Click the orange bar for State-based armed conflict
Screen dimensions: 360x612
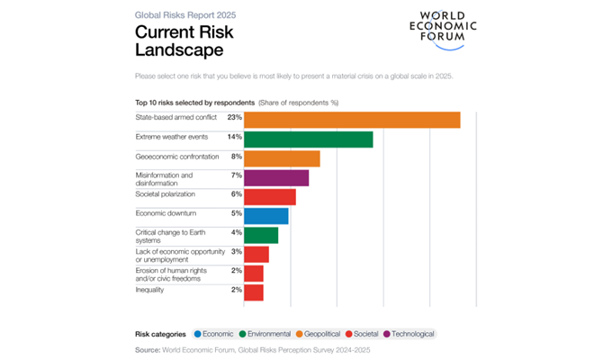(352, 120)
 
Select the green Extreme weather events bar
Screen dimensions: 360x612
(308, 139)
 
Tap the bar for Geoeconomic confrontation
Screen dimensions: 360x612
(282, 158)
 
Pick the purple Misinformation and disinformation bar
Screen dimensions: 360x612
(276, 177)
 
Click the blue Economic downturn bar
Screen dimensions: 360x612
(265, 216)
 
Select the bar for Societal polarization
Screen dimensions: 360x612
(270, 196)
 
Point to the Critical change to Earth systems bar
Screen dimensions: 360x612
(261, 235)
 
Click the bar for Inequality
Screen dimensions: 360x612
(254, 292)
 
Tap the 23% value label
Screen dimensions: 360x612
(235, 118)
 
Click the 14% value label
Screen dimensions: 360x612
(235, 137)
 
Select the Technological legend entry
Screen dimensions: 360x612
(409, 334)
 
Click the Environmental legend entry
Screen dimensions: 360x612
(261, 334)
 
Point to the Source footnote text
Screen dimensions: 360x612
(253, 349)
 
